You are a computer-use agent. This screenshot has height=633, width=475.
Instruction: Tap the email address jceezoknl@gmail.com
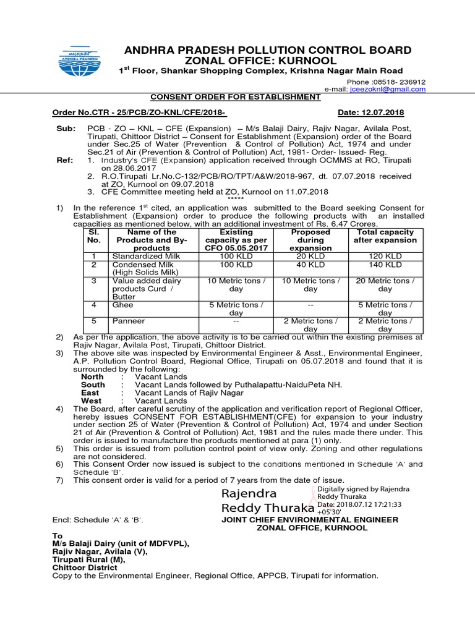(387, 89)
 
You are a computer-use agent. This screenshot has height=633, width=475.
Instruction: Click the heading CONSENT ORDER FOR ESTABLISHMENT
(236, 97)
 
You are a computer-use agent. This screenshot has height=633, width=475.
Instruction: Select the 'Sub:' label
(64, 129)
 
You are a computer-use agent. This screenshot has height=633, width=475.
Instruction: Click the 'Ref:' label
(64, 161)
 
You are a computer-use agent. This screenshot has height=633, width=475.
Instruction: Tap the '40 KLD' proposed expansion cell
(310, 265)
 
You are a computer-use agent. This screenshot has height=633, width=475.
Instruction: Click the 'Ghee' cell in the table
(122, 305)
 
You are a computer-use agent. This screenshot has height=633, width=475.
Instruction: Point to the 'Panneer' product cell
(128, 321)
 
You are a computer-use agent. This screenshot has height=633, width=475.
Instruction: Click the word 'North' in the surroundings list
(93, 376)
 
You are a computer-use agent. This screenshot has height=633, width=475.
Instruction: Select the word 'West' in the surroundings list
(92, 401)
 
